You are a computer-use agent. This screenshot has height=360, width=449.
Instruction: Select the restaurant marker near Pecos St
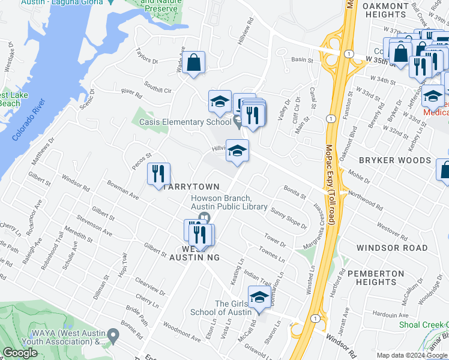tap(159, 174)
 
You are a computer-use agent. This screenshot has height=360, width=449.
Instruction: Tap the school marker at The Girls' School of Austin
tap(259, 298)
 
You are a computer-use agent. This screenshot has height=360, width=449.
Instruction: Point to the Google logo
tap(20, 353)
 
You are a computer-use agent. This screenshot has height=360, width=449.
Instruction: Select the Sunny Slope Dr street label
tap(288, 218)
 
